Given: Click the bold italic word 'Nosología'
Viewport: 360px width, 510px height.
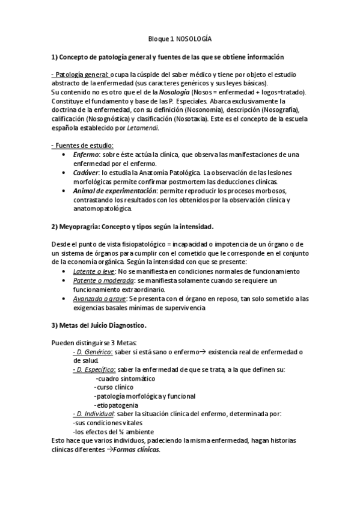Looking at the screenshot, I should pos(175,92).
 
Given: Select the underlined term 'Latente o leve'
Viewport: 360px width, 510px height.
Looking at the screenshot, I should pos(96,272).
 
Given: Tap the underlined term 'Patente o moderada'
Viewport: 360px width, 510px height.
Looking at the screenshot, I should pos(103,281).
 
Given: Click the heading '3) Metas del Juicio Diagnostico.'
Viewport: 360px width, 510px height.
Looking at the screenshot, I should pos(99,325).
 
